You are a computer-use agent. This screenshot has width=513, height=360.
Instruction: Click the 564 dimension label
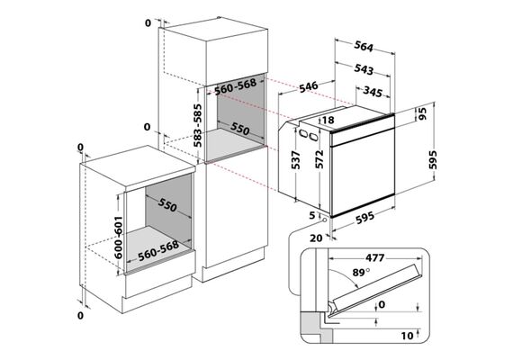click(x=364, y=47)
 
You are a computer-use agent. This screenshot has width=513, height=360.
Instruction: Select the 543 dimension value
click(x=364, y=69)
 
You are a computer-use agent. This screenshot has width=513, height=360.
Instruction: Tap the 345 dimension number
click(x=373, y=92)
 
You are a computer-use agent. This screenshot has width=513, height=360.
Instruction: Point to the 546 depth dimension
click(x=308, y=86)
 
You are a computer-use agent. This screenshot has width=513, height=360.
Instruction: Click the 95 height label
click(x=422, y=113)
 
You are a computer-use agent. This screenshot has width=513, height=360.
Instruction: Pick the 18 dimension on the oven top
click(x=328, y=120)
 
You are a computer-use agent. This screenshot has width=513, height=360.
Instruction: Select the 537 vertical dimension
click(x=296, y=160)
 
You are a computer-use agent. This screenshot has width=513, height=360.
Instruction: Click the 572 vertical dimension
click(x=319, y=159)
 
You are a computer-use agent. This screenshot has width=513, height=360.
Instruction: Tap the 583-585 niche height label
click(x=197, y=125)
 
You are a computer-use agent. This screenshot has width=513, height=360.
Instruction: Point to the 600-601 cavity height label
click(x=118, y=238)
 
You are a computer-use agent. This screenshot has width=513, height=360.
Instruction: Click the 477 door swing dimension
click(x=374, y=258)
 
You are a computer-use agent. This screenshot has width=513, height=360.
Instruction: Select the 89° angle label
click(x=361, y=272)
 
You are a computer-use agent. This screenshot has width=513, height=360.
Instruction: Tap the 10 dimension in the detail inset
click(x=407, y=336)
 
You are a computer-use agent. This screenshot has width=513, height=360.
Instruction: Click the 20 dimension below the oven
click(x=316, y=238)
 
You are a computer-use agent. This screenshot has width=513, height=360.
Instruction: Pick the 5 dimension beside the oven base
click(x=312, y=215)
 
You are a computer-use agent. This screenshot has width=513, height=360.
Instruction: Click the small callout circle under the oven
click(x=324, y=220)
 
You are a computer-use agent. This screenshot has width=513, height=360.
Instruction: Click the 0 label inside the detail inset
click(x=382, y=305)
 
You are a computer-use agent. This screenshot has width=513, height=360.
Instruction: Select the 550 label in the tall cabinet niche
click(x=239, y=129)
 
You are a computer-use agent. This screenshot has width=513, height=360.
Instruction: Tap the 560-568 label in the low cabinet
click(x=158, y=251)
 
